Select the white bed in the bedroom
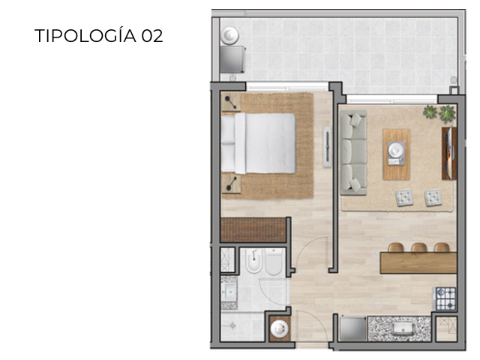[x=259, y=142]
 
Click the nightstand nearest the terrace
[x=230, y=103]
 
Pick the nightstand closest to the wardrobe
[x=231, y=183]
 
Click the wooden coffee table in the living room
[x=396, y=154]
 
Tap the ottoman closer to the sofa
[x=405, y=197]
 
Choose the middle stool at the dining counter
[x=418, y=247]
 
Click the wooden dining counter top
[x=418, y=262]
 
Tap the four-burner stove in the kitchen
[x=445, y=298]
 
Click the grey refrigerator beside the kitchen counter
[x=352, y=328]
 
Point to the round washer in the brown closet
[x=280, y=327]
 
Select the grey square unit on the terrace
[x=233, y=58]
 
